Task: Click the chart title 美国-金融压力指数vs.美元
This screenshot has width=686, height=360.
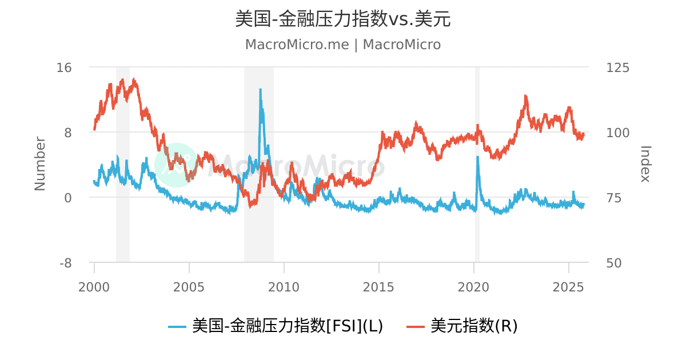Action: coord(343,19)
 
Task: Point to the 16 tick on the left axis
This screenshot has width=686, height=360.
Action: coord(64,67)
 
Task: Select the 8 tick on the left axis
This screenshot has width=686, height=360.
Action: coord(67,133)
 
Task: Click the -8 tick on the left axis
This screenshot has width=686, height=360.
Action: coord(65,263)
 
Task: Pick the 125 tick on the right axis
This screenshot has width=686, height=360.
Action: coord(617,67)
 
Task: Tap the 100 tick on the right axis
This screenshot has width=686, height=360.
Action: coord(617,133)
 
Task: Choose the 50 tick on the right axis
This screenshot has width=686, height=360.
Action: coord(614,263)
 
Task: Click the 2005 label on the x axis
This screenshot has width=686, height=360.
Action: coord(189,286)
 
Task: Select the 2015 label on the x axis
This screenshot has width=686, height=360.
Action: coord(378,286)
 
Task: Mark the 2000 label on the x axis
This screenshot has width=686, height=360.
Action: coord(94,286)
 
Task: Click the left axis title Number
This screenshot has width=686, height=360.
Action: coord(40,163)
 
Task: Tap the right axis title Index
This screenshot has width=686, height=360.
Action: coord(645,163)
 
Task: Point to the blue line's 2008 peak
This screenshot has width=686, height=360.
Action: coord(261,90)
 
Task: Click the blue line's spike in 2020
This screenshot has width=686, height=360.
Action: coord(477,157)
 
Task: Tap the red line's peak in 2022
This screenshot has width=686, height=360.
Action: coord(526,97)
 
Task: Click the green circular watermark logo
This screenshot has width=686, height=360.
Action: coord(176,165)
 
